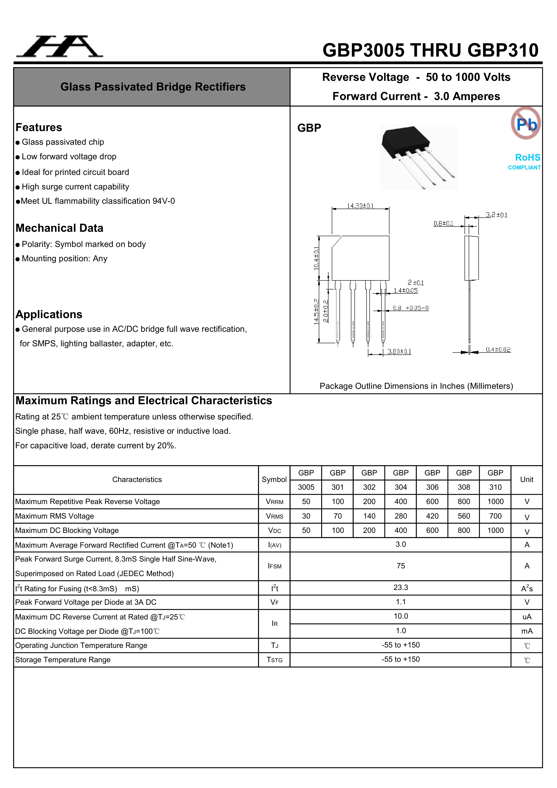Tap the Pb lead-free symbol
point(526,124)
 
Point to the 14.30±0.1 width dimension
point(360,206)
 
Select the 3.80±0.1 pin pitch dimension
point(399,351)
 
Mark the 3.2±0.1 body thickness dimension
point(496,215)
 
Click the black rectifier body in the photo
point(405,141)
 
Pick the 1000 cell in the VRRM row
point(495,501)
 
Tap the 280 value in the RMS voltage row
point(401,516)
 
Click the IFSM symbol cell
point(274,566)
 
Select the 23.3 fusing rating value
point(401,587)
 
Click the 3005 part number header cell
point(306,487)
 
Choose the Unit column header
point(526,479)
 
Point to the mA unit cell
point(526,631)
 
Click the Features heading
point(39,127)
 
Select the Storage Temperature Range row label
point(63,660)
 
